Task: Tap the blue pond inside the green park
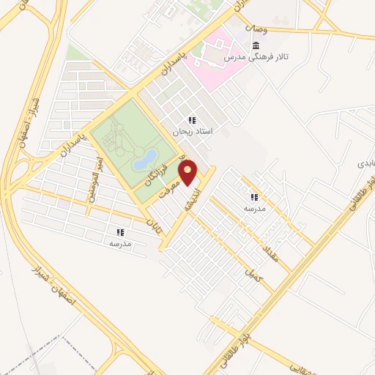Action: pos(145,158)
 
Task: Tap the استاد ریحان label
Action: pos(191,133)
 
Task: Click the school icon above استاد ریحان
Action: pos(191,120)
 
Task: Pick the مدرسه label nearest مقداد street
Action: pos(254,209)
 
